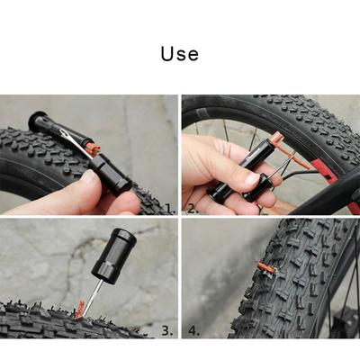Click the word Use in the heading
tap(179, 54)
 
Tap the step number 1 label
tap(170, 208)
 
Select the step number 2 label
tap(193, 208)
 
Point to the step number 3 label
tap(167, 330)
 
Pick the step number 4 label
tap(193, 330)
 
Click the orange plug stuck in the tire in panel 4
tap(265, 268)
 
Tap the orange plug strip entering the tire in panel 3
tap(80, 310)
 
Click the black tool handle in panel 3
tap(114, 256)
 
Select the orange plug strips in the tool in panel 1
tap(92, 149)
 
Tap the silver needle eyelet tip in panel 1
tap(65, 133)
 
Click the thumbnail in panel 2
tap(251, 179)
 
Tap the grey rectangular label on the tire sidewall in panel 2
tap(202, 114)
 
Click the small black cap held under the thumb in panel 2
tap(255, 188)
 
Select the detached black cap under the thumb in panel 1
tap(110, 174)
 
